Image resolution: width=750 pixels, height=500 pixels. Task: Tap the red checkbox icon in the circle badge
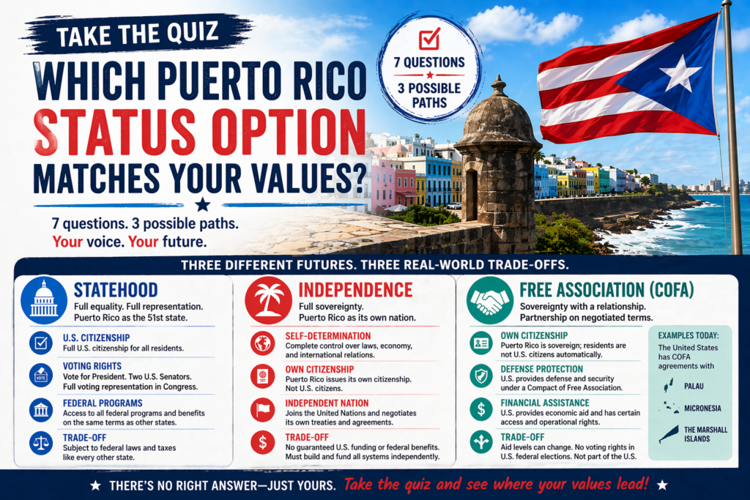click(429, 39)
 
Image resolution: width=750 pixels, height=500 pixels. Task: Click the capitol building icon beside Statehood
click(44, 300)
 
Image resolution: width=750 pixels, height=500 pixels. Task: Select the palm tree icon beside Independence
click(268, 300)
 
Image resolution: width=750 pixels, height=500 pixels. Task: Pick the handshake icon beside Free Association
click(490, 300)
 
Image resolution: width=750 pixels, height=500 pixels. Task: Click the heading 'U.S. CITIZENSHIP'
click(96, 338)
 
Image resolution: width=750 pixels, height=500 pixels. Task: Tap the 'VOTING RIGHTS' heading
click(92, 366)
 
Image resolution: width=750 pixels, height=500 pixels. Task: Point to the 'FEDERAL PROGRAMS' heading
click(103, 403)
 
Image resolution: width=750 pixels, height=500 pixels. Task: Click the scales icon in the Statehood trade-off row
click(41, 443)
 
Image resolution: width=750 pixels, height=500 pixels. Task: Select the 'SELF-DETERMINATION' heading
click(328, 336)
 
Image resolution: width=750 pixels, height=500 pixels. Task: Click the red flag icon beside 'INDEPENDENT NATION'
click(263, 410)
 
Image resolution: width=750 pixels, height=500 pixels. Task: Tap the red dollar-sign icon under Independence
click(263, 442)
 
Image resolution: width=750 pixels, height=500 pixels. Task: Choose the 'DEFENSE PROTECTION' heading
click(542, 369)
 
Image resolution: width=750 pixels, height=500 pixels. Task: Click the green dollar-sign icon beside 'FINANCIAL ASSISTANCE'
click(481, 409)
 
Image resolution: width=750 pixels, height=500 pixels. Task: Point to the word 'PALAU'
click(694, 387)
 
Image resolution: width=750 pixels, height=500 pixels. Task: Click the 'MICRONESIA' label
click(702, 408)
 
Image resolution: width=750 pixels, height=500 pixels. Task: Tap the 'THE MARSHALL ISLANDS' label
click(705, 434)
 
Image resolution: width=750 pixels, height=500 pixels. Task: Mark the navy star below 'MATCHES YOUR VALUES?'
click(203, 205)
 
